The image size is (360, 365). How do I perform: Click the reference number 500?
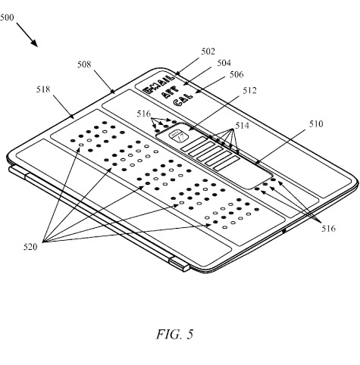coord(7,17)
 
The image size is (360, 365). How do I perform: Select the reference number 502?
coord(208,51)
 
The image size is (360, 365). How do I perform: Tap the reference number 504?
coord(224,63)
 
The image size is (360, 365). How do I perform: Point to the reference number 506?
coord(236,74)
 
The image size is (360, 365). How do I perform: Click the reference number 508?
coord(84,64)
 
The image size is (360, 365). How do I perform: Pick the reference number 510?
coord(316,124)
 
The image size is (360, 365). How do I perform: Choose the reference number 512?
coord(249,90)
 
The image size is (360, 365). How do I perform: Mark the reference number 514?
coord(243,126)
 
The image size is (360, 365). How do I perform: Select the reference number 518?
coord(43,89)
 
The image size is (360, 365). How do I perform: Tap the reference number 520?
coord(30,247)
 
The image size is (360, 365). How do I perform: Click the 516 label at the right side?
coord(328,229)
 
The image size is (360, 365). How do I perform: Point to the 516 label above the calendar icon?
coord(144,114)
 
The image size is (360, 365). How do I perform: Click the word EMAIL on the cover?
coord(158,85)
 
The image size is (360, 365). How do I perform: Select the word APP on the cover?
coord(170,92)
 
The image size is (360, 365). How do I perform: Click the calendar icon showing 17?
coord(179,136)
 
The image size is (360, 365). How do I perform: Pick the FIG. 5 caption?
coord(174,334)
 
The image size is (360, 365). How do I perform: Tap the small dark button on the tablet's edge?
coord(284,230)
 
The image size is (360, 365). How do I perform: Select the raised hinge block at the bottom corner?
coord(180,264)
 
